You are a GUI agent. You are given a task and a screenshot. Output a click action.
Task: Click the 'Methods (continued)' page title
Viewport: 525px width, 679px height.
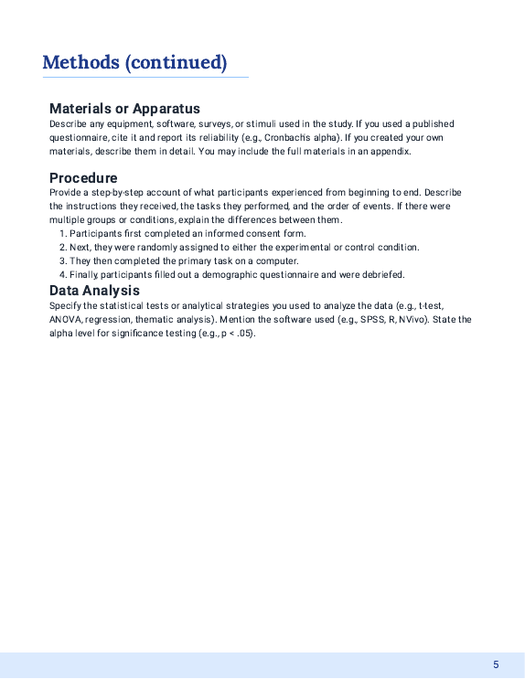pyautogui.click(x=134, y=62)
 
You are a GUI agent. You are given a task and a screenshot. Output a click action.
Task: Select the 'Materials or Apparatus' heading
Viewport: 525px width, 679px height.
pyautogui.click(x=124, y=109)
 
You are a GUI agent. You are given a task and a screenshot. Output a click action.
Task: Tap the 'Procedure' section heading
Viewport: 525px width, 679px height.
pyautogui.click(x=83, y=177)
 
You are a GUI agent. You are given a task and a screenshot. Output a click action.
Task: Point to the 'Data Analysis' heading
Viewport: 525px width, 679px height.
pyautogui.click(x=94, y=291)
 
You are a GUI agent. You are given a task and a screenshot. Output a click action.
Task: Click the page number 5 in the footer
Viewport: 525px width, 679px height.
pyautogui.click(x=496, y=664)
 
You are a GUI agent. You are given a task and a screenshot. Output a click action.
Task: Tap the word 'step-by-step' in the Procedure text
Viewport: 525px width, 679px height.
pyautogui.click(x=119, y=192)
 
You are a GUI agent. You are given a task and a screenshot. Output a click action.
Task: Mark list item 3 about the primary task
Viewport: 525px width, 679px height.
pyautogui.click(x=184, y=260)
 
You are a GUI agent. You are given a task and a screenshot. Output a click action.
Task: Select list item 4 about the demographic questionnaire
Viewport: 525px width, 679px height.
pyautogui.click(x=236, y=274)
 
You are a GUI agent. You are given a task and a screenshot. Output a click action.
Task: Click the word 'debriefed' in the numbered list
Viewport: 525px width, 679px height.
pyautogui.click(x=382, y=274)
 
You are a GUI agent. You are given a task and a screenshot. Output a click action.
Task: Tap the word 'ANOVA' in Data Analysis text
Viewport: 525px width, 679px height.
pyautogui.click(x=66, y=319)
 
